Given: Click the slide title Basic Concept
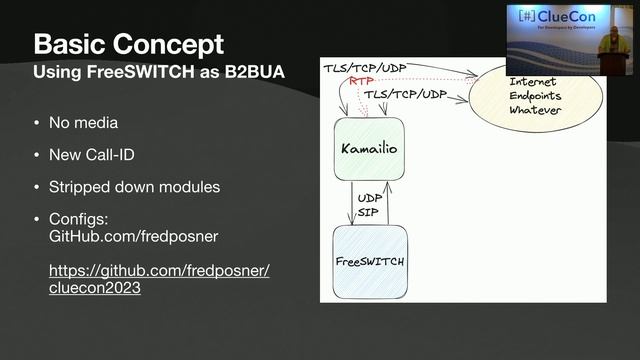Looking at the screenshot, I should [x=129, y=45].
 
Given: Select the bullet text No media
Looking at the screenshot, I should [x=83, y=123].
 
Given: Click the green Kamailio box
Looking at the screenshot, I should [x=368, y=149].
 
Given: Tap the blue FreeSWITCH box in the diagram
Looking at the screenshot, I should [x=369, y=262].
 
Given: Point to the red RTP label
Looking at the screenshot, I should [x=361, y=81].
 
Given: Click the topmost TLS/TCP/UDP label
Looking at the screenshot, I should [x=364, y=67].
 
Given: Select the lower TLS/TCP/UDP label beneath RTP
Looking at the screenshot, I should [x=405, y=94].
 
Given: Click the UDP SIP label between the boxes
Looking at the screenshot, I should [x=370, y=206].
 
